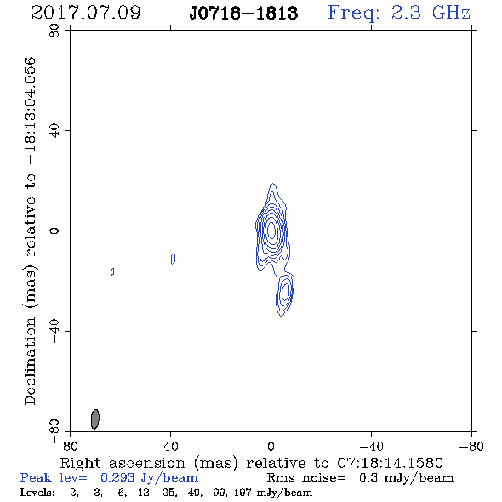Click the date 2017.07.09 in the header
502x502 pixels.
[x=86, y=13]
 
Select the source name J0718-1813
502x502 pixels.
[x=243, y=14]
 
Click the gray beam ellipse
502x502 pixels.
[x=95, y=419]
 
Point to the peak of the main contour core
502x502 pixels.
[x=271, y=231]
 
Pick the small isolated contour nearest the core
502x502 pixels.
[x=174, y=259]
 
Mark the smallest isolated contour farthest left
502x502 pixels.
[x=112, y=271]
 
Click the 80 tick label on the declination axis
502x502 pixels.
[x=54, y=31]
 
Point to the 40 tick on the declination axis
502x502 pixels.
[x=54, y=131]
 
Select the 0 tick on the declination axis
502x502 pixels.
[x=54, y=231]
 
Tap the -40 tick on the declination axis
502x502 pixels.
[x=54, y=331]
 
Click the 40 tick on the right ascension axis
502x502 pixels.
[x=171, y=447]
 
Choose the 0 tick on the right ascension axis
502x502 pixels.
[x=271, y=447]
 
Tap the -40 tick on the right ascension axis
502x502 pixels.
[x=371, y=447]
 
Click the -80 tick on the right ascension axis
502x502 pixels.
[x=471, y=447]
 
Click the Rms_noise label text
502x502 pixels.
[x=306, y=478]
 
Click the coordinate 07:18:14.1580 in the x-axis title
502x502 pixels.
[x=390, y=463]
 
